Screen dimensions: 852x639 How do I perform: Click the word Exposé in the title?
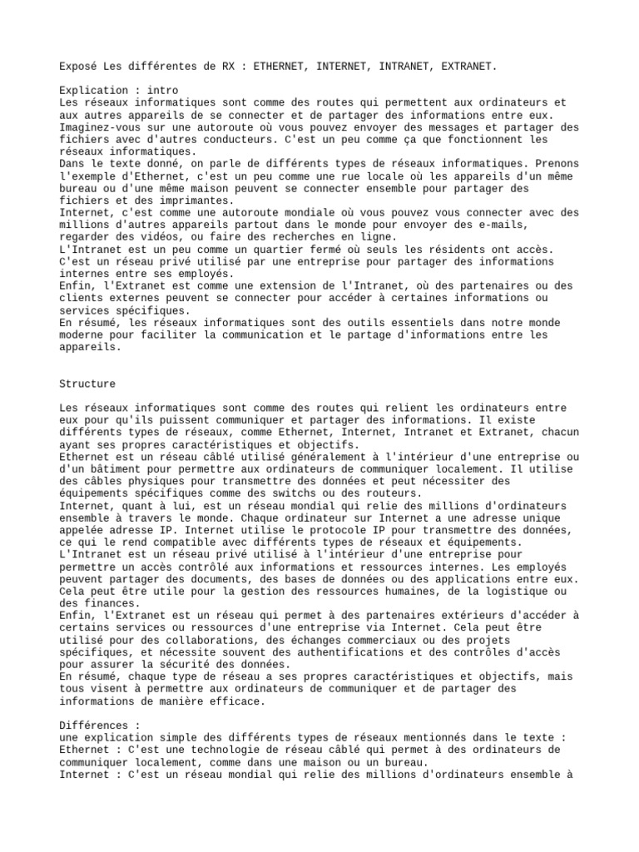[x=77, y=64]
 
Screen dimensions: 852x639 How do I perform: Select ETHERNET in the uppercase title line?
[x=280, y=64]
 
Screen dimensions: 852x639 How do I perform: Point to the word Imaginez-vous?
[x=102, y=127]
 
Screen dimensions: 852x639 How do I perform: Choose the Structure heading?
[x=87, y=384]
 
